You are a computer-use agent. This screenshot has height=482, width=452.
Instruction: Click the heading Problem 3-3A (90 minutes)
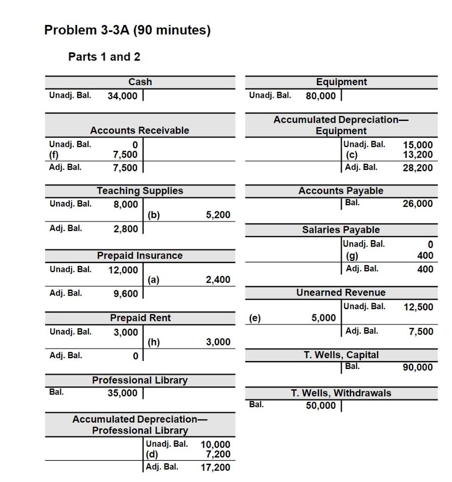point(127,31)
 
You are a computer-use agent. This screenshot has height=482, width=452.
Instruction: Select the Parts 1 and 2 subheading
point(104,57)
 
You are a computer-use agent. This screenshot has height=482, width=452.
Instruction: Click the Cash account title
point(140,82)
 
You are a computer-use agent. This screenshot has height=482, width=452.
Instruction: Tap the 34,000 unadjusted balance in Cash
point(123,96)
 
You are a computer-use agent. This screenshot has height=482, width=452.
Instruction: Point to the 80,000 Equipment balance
point(321,96)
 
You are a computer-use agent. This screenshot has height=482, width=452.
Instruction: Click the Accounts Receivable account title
point(140,130)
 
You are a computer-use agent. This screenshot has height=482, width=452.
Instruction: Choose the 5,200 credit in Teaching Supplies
point(218,215)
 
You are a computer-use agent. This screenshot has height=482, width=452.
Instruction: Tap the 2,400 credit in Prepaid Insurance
point(218,280)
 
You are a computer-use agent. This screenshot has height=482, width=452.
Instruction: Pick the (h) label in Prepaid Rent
point(154,342)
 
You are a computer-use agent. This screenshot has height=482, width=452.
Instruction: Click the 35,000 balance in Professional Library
point(123,393)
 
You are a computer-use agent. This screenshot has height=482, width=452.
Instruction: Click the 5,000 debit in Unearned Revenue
point(324,318)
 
